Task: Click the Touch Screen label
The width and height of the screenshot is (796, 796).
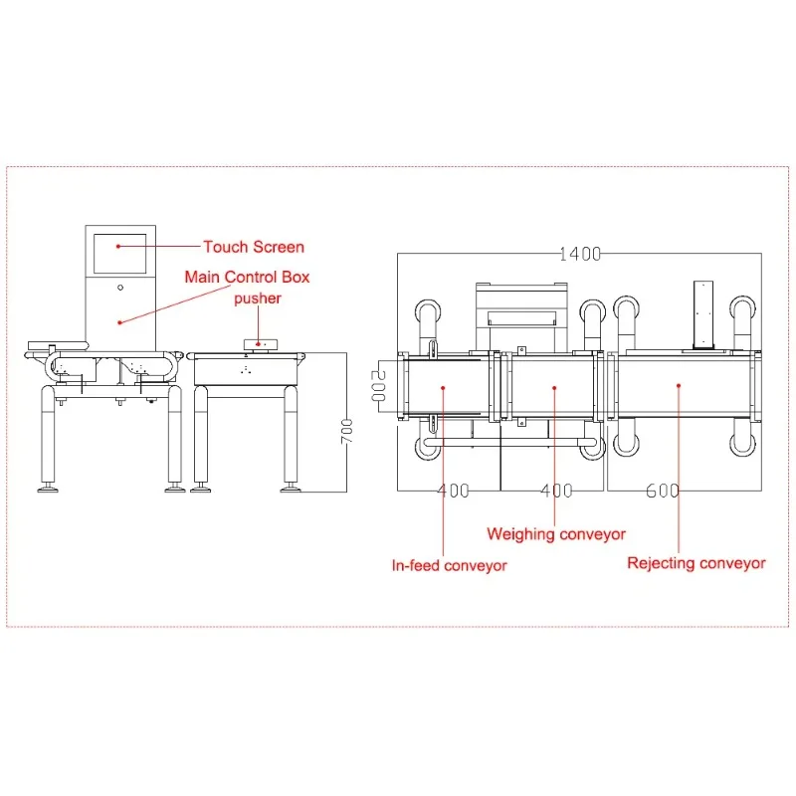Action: (254, 247)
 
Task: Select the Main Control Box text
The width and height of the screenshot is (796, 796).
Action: (247, 277)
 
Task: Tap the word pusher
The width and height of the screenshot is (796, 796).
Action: (258, 298)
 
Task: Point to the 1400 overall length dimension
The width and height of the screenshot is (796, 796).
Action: (579, 254)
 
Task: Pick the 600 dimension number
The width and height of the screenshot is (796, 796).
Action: (662, 491)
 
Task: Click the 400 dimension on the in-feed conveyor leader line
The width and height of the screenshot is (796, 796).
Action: (454, 491)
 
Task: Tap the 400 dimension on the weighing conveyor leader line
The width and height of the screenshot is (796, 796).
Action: (556, 491)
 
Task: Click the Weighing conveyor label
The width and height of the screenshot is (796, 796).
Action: (556, 534)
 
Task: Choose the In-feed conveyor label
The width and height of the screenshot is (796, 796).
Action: (449, 565)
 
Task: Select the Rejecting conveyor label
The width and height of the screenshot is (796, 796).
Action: (696, 563)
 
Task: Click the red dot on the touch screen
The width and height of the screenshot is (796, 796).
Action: (118, 245)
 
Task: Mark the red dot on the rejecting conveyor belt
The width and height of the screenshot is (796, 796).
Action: (678, 384)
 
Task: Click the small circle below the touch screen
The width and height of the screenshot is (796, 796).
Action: (120, 288)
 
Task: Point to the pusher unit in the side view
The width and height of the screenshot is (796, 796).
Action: (261, 344)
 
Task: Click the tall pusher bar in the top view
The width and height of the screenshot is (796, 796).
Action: (704, 312)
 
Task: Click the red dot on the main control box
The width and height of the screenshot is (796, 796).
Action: (119, 321)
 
